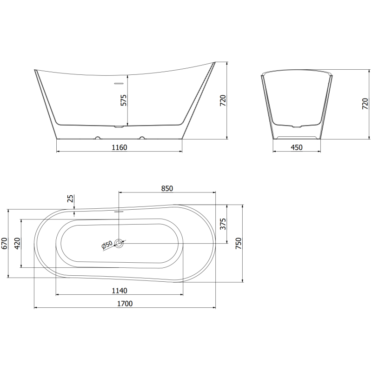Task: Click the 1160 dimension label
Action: point(119,147)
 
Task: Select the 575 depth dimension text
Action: point(124,100)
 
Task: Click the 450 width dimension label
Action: point(296,147)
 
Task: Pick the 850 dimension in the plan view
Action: point(167,188)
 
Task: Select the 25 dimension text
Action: point(70,199)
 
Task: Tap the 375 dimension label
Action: point(223,224)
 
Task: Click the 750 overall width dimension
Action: point(239,243)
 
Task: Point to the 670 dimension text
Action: point(4,244)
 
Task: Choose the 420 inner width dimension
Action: point(18,243)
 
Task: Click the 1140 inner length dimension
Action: point(120,291)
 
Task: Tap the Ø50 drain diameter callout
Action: point(106,245)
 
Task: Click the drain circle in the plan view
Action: point(120,243)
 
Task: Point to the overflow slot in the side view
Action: point(119,84)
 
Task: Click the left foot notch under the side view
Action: point(98,138)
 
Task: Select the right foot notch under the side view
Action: point(142,138)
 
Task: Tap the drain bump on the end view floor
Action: point(296,126)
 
